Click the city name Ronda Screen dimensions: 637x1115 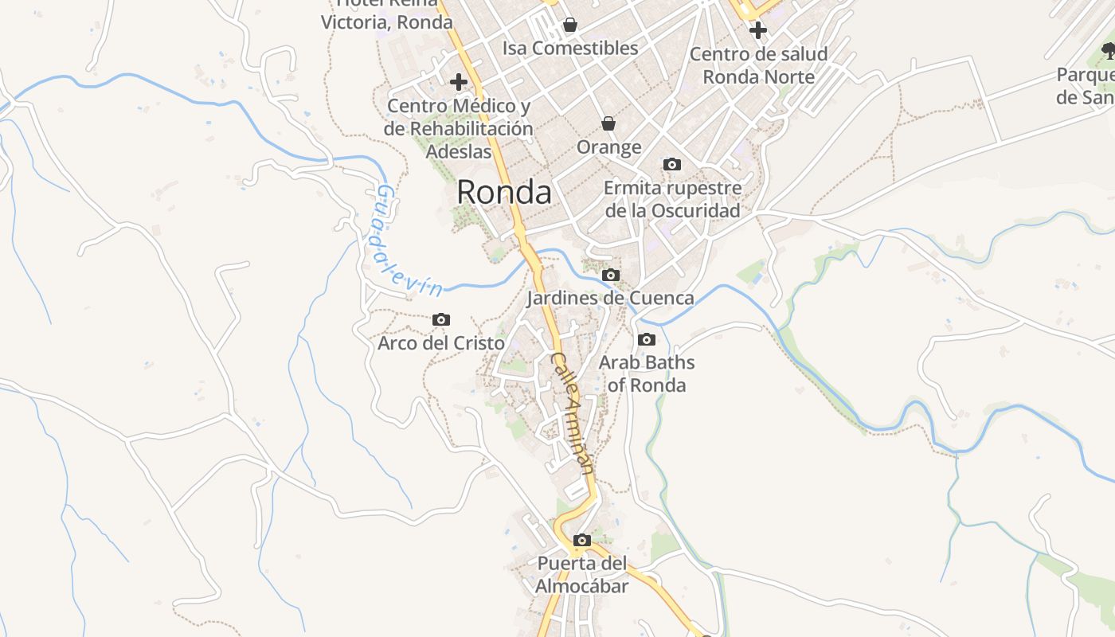click(x=503, y=193)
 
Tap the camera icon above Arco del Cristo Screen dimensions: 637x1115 click(x=440, y=319)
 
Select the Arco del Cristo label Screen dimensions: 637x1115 click(x=440, y=343)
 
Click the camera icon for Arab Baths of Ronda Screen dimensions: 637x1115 click(x=647, y=339)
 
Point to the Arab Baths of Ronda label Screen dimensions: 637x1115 click(x=647, y=373)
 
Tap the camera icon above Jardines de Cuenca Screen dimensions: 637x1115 click(x=611, y=275)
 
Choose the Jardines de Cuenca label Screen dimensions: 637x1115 click(x=610, y=299)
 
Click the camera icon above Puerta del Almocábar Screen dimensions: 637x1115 click(x=582, y=540)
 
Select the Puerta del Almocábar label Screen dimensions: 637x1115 click(x=582, y=575)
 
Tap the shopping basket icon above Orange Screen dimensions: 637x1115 click(x=608, y=123)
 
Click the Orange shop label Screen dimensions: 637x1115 click(x=608, y=147)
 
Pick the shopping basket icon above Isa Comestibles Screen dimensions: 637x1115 click(x=569, y=25)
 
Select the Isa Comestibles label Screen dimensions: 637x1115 click(x=570, y=49)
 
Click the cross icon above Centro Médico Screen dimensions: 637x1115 click(x=458, y=81)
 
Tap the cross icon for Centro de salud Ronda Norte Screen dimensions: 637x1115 click(x=758, y=30)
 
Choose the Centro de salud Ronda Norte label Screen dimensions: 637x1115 click(x=758, y=65)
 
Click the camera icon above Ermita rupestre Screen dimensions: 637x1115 click(x=672, y=164)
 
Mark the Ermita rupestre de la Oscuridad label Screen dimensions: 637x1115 click(x=672, y=199)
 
